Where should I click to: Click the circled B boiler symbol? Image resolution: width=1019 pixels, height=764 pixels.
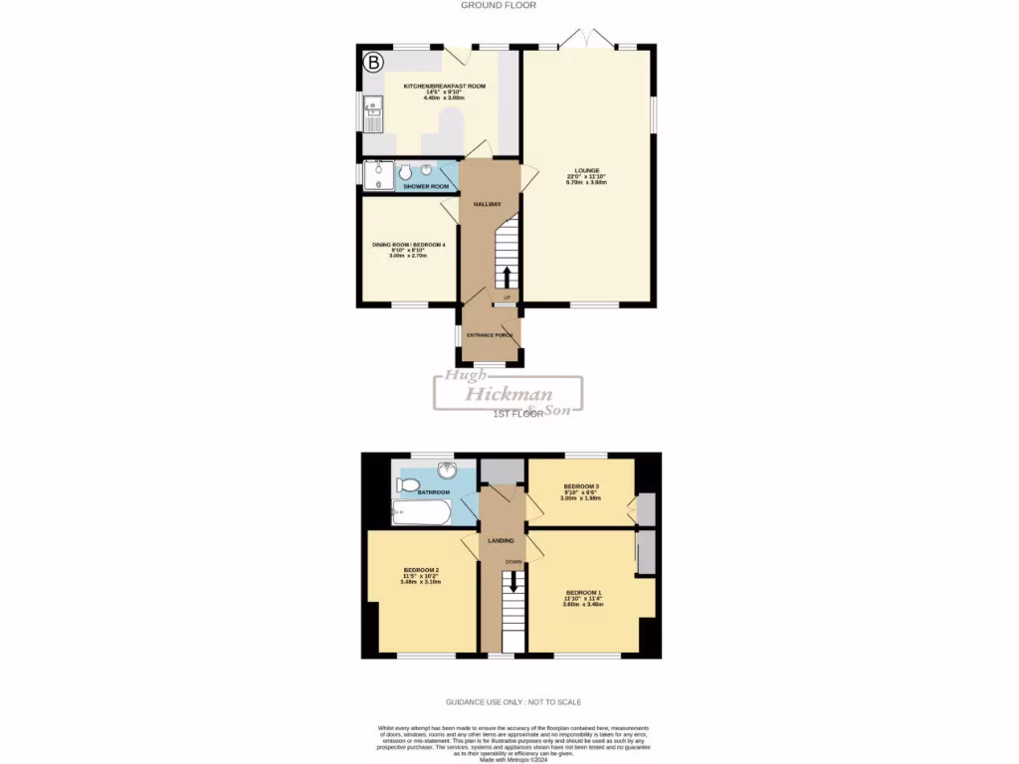[x=373, y=63]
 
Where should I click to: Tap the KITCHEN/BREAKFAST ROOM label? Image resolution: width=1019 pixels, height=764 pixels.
[x=445, y=87]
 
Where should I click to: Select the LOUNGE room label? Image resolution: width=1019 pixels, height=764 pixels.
[x=586, y=170]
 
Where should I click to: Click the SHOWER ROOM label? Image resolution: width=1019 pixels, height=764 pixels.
[x=426, y=186]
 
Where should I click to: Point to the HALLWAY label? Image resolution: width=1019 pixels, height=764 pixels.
[x=487, y=204]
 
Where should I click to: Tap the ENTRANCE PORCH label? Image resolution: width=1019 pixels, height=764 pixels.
[x=490, y=335]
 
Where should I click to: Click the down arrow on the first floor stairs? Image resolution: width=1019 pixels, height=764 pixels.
[x=513, y=584]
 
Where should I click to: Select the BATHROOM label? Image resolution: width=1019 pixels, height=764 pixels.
[x=433, y=492]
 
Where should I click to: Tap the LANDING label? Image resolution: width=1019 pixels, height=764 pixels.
[x=501, y=540]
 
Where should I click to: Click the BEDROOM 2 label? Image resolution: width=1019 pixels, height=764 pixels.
[x=421, y=570]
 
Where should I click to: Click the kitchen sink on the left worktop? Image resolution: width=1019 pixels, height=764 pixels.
[x=373, y=107]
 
